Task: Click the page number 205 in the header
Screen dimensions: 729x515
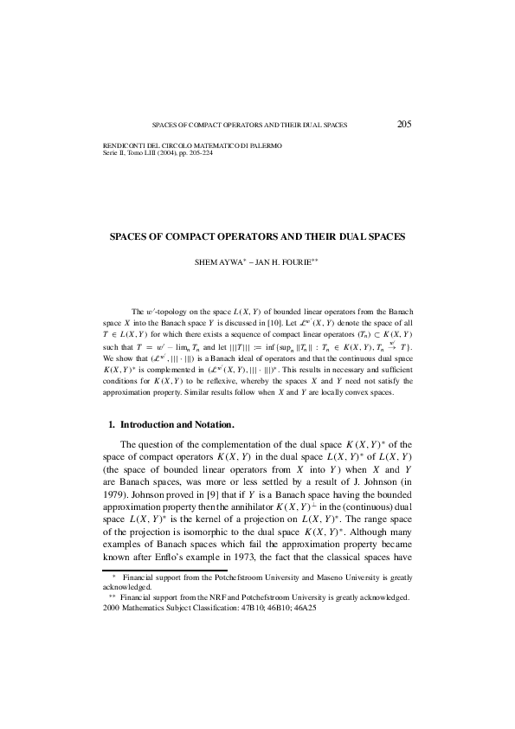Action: click(x=404, y=124)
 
